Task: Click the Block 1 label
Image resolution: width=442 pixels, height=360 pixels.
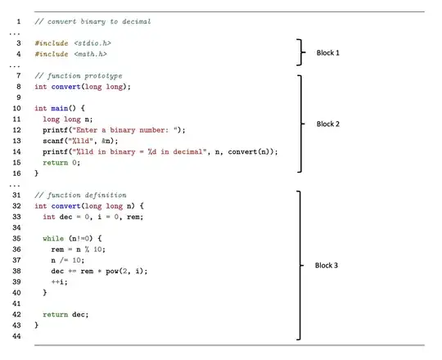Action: click(x=330, y=53)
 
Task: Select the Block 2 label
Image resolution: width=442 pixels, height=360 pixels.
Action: click(x=330, y=124)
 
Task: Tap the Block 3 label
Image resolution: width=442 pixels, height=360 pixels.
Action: click(x=330, y=266)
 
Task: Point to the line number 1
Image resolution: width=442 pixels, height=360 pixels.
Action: click(x=19, y=20)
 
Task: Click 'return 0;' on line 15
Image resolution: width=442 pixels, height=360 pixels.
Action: click(x=62, y=162)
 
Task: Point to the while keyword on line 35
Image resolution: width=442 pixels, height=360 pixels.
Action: click(x=52, y=238)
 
